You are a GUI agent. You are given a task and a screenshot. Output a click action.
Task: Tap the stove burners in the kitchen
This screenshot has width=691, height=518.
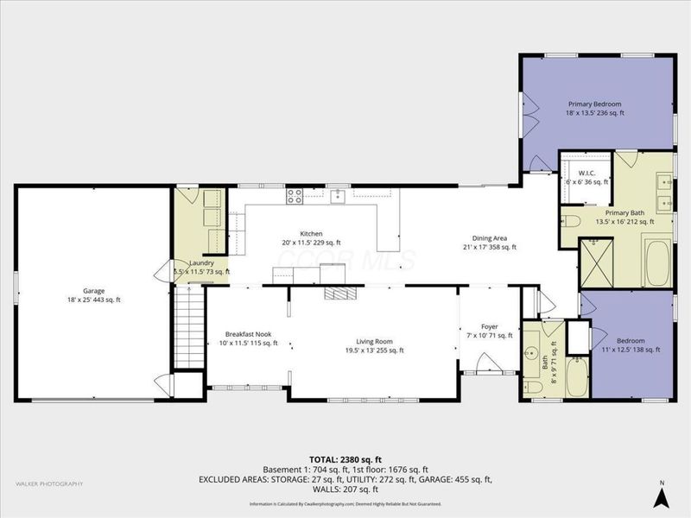pos(295,196)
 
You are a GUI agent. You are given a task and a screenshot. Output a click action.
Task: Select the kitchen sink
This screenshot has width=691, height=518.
pos(337,196)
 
